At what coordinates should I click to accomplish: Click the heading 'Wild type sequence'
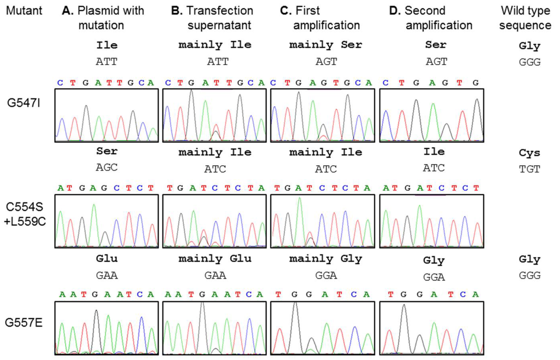click(526, 18)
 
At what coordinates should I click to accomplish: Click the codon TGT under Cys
click(529, 169)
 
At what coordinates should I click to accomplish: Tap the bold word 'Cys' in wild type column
click(529, 153)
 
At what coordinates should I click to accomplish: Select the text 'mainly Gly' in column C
click(326, 259)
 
